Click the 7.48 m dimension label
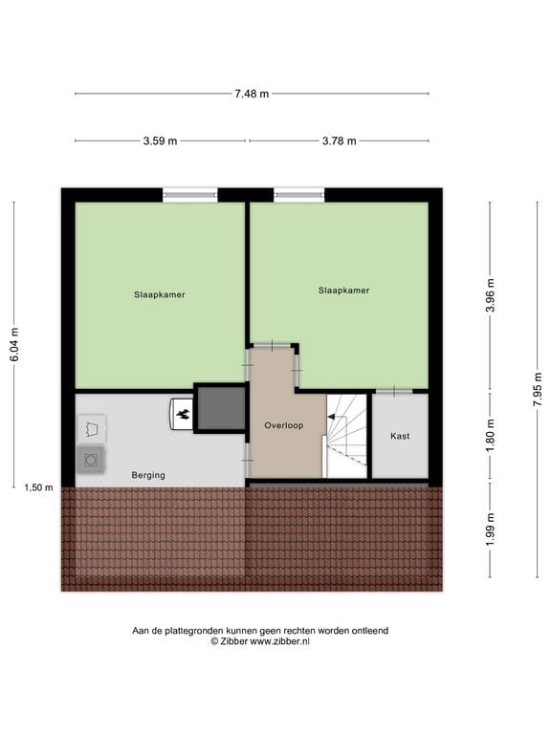point(252,94)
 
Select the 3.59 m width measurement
point(160,141)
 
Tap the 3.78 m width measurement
point(339,141)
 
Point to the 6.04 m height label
point(13,344)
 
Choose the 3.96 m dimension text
point(491,295)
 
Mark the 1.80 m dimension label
point(491,436)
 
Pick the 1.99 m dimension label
point(491,530)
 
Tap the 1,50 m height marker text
point(38,487)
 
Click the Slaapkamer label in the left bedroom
point(160,294)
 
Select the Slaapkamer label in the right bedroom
point(343,290)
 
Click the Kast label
point(400,436)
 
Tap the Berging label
point(148,475)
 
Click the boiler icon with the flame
point(182,413)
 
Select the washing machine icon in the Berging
point(91,460)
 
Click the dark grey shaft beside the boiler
point(222,408)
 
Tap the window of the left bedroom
point(190,195)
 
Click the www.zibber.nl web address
point(280,641)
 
